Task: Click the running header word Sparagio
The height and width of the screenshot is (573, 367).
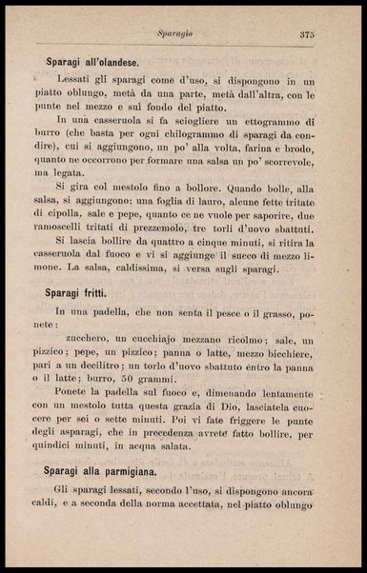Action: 176,33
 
